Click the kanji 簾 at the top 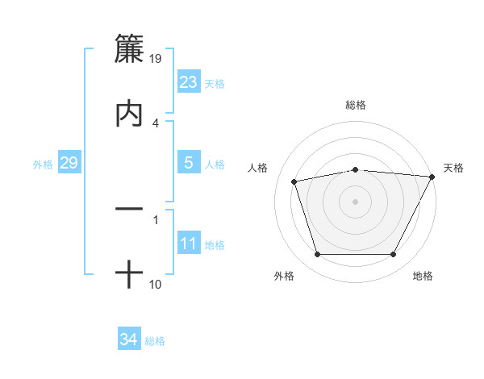(x=129, y=49)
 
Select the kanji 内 (x=129, y=114)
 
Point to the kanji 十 (x=129, y=275)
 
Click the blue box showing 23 (x=189, y=82)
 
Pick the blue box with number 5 (x=189, y=163)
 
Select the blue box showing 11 (x=189, y=244)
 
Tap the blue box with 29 (x=69, y=163)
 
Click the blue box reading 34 (x=129, y=339)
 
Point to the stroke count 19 (x=155, y=58)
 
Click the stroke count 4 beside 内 (x=155, y=123)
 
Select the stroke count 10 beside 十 (x=155, y=284)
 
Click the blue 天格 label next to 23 (x=215, y=83)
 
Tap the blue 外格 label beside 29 (x=43, y=164)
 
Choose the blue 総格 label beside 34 (x=155, y=340)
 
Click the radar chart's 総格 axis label (x=355, y=105)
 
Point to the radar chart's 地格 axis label (x=423, y=276)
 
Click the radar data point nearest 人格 (x=294, y=181)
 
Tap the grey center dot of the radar (x=355, y=201)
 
